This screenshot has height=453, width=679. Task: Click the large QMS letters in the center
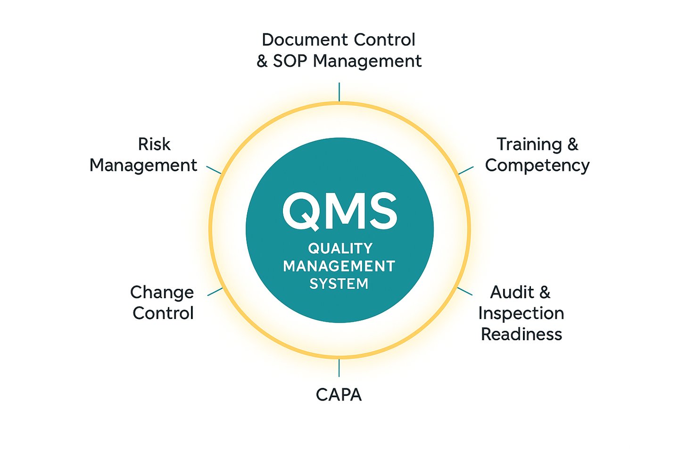pos(339,211)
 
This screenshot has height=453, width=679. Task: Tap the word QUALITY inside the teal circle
pos(340,248)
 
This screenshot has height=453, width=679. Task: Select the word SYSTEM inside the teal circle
pos(339,284)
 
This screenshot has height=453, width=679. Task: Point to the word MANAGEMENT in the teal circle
pos(339,266)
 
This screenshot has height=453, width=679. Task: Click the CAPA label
pos(339,394)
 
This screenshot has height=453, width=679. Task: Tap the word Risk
pos(154,144)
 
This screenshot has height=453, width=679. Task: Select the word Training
pos(529,144)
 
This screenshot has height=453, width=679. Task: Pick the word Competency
pos(537,166)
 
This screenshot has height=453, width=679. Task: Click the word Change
pos(162,293)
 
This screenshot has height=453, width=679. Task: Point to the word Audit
pos(512,293)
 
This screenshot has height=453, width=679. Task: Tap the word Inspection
pos(521,313)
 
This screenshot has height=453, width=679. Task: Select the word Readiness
pos(521,334)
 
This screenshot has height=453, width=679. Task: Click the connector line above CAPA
pos(339,368)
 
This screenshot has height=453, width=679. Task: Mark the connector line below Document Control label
pos(339,92)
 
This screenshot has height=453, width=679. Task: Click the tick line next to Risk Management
pos(214,169)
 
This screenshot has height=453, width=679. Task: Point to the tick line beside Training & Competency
pos(466,170)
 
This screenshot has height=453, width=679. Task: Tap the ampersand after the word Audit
pos(545,293)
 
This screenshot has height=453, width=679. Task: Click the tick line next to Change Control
pos(215,292)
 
